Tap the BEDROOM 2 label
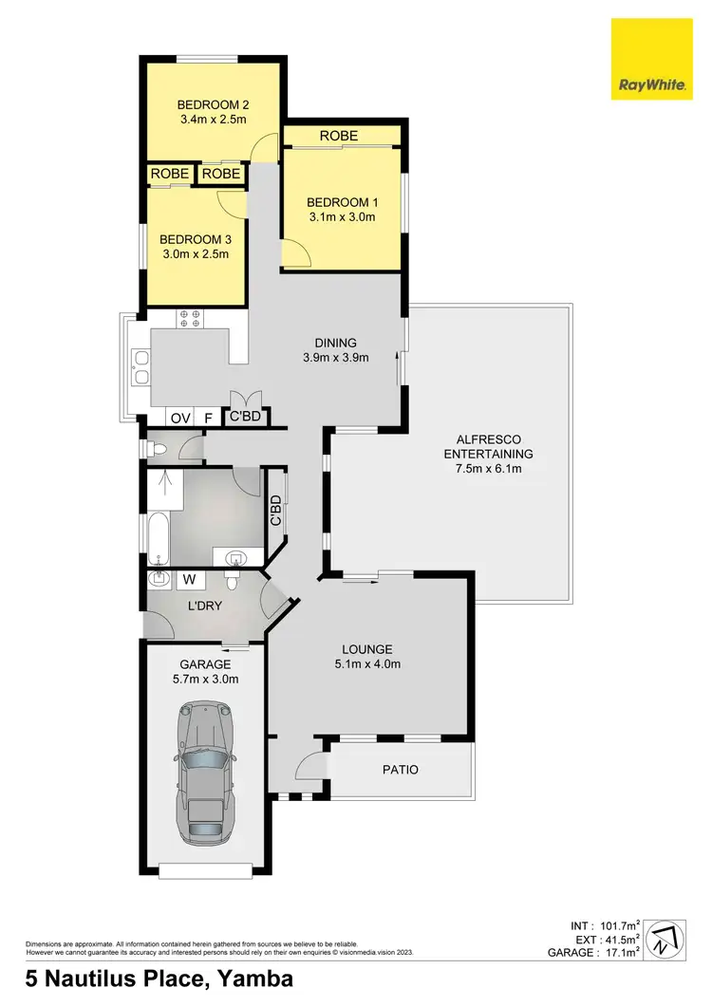point(211,104)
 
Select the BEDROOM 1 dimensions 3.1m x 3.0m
point(341,217)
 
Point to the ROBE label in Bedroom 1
point(339,137)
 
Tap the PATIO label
point(400,770)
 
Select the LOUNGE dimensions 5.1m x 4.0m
point(367,664)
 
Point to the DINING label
point(336,343)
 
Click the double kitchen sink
point(141,367)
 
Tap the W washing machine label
point(188,577)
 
